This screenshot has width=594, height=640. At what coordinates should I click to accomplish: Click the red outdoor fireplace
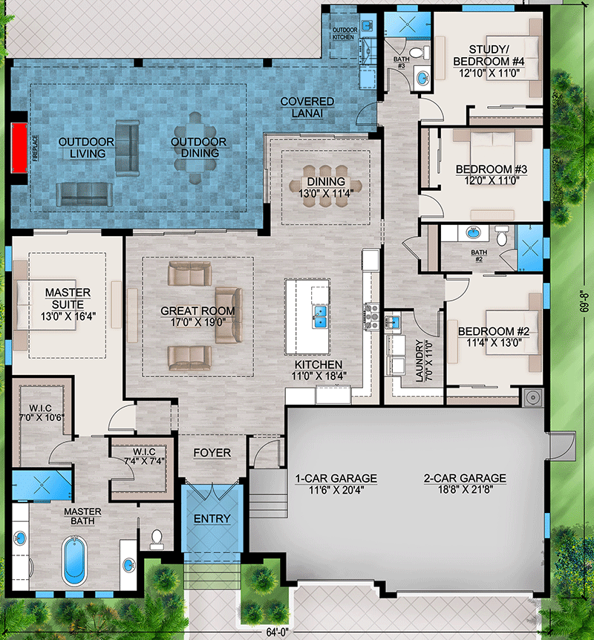(19, 148)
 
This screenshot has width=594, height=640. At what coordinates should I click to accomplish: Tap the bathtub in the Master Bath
(74, 561)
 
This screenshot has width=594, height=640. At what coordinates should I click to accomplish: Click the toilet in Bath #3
(420, 52)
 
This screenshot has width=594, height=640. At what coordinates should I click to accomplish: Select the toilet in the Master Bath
(157, 539)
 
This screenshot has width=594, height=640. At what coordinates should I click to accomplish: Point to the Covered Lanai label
(307, 108)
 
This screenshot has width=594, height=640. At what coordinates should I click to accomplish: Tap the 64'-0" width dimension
(278, 633)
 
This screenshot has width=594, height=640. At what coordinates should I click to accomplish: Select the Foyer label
(212, 453)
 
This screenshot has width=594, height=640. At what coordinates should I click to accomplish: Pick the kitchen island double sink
(320, 317)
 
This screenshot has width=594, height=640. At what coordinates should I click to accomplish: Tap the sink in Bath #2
(473, 233)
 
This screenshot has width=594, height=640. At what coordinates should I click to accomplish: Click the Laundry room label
(423, 361)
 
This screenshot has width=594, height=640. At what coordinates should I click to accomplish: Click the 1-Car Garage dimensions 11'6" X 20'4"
(336, 490)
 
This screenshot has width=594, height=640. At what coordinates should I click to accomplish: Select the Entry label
(212, 518)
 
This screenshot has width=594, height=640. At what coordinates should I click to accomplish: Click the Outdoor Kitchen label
(344, 33)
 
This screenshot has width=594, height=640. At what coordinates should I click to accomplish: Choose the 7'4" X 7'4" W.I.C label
(144, 457)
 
